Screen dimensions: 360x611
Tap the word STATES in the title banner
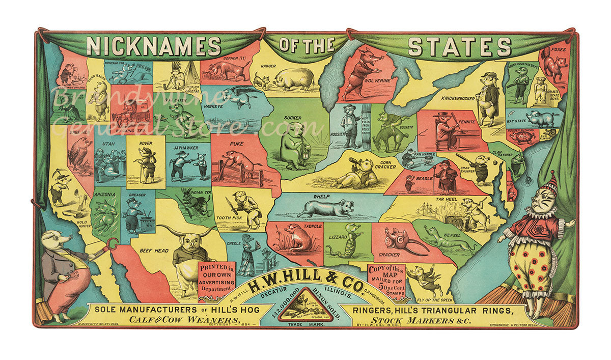tap(459, 47)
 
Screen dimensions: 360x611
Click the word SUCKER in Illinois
tap(293, 117)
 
